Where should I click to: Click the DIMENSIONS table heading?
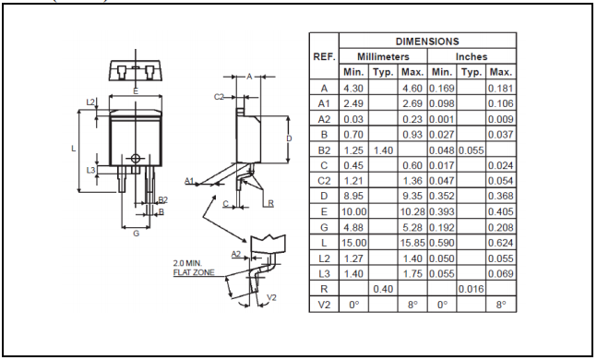[427, 42]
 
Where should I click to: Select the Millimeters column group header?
[383, 56]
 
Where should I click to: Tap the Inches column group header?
[472, 56]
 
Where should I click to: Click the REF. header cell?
[324, 56]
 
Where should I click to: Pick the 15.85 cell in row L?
[412, 243]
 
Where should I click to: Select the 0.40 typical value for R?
[383, 289]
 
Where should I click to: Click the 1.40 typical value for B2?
[383, 150]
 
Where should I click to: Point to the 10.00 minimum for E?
[353, 211]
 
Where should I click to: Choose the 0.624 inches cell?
[501, 243]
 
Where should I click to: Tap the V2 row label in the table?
[324, 305]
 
